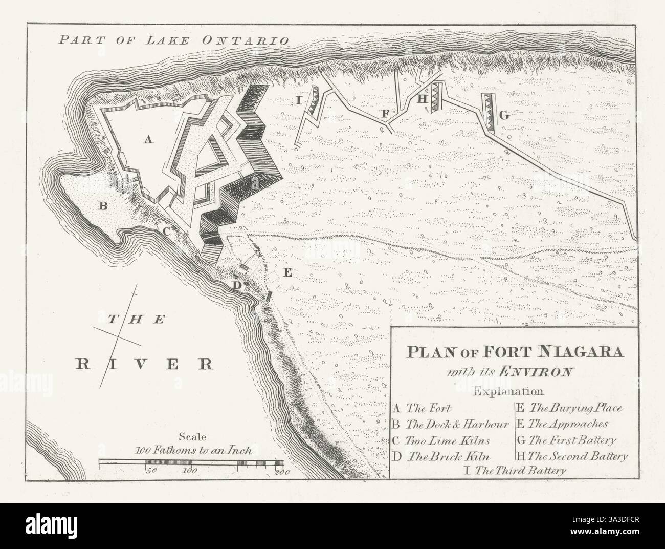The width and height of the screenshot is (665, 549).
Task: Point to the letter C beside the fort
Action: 167,231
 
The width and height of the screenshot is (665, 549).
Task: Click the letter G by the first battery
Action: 504,116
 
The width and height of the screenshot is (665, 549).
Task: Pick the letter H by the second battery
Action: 422,99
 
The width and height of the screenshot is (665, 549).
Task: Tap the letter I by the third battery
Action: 298,100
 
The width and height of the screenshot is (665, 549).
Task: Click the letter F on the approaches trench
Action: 385,113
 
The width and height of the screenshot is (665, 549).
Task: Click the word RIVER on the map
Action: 144,364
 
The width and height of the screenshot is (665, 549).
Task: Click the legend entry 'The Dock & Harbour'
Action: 457,425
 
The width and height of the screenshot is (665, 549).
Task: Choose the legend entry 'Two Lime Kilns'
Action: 448,440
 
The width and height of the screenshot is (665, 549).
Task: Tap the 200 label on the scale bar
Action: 279,471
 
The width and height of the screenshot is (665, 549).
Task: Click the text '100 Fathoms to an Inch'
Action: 192,452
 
